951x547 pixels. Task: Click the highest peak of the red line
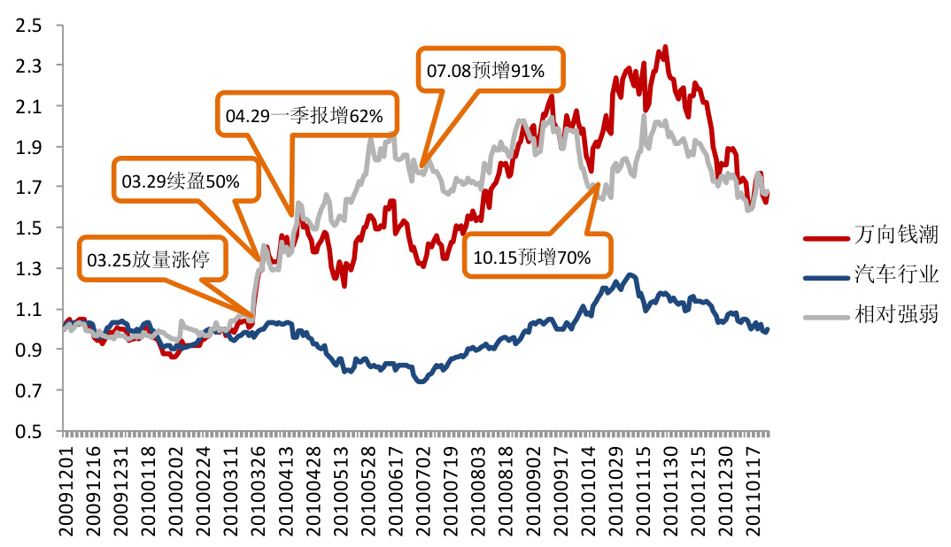tap(664, 48)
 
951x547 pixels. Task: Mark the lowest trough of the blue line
tap(421, 381)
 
